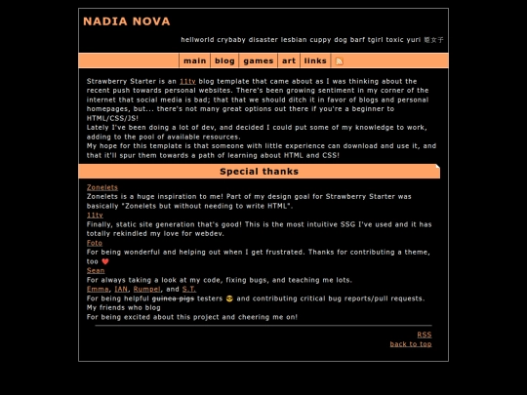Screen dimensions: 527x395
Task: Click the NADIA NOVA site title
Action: [x=127, y=21]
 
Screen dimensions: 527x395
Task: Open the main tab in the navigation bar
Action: [x=194, y=60]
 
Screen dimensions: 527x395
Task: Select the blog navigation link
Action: [x=225, y=60]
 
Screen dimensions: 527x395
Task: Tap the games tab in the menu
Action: [x=259, y=60]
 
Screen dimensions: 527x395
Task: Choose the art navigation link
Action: [x=289, y=60]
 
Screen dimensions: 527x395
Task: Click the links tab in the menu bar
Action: [x=315, y=60]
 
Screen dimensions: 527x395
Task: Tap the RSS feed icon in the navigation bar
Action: [x=339, y=60]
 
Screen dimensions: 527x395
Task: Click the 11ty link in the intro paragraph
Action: [x=187, y=81]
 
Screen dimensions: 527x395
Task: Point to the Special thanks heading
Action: [x=259, y=172]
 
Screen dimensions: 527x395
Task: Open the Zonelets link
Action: [x=101, y=187]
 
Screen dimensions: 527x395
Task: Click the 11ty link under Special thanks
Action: [x=95, y=215]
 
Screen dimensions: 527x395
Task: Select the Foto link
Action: [x=94, y=243]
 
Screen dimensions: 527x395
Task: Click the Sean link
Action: [x=95, y=271]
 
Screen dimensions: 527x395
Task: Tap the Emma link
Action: [x=98, y=290]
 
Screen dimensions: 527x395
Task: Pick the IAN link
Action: [x=121, y=290]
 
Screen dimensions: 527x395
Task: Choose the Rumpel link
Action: [x=146, y=290]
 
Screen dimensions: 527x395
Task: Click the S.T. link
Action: [x=188, y=290]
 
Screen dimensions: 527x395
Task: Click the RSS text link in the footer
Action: [x=424, y=335]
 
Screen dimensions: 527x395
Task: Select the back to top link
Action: [x=410, y=344]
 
